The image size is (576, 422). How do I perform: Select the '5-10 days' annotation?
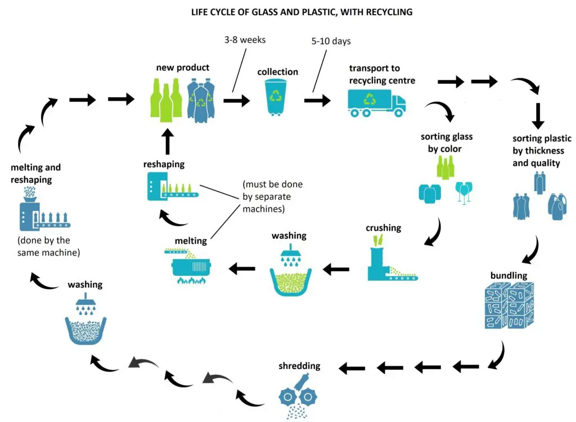click(330, 42)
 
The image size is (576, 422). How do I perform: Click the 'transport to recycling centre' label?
click(382, 74)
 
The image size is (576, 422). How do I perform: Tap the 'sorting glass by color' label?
click(447, 143)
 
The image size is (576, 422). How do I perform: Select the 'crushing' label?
click(383, 228)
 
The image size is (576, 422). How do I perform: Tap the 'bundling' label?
click(508, 276)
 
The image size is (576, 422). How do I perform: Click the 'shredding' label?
click(299, 366)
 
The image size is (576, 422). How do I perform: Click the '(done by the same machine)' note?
click(48, 246)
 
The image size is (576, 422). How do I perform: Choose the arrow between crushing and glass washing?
click(336, 270)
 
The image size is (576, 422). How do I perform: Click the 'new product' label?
click(183, 68)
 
